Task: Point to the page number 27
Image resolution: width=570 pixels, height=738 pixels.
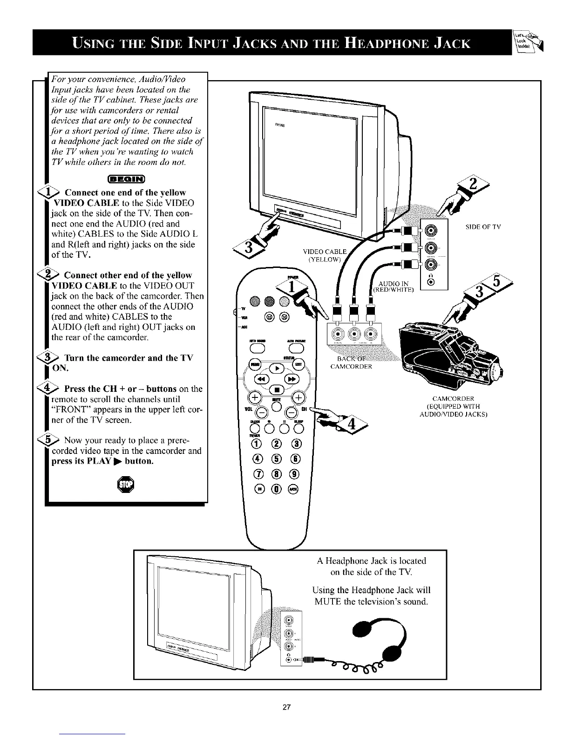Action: click(286, 708)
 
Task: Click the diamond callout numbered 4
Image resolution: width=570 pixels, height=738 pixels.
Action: click(352, 424)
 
